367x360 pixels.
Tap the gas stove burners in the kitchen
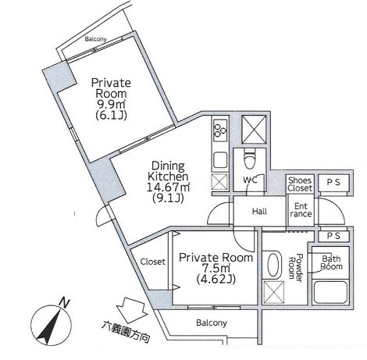(220, 130)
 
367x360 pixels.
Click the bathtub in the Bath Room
(330, 292)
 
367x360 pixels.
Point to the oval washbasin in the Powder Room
(274, 264)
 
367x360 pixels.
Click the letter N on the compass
(64, 303)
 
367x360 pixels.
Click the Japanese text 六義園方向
(126, 332)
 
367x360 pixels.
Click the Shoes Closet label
(300, 184)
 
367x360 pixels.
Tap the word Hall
(259, 211)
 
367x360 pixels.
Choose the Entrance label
(301, 210)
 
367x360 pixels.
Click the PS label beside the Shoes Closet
(333, 183)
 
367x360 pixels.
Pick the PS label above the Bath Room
(333, 236)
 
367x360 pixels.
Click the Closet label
(153, 262)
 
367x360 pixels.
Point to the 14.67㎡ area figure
(169, 187)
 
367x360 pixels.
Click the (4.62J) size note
(216, 280)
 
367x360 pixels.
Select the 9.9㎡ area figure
(111, 104)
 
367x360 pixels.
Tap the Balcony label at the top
(96, 39)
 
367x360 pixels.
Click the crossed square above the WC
(254, 129)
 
